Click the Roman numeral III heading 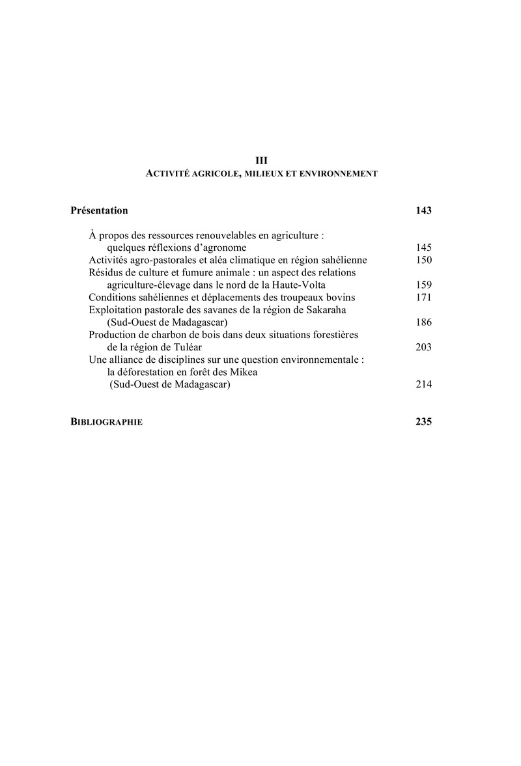tap(260, 160)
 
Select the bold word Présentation tap(99, 210)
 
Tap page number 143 tap(423, 210)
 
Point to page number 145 tap(423, 248)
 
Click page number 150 tap(423, 260)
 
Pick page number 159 tap(423, 285)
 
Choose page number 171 tap(423, 297)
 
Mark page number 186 tap(423, 322)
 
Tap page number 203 tap(423, 347)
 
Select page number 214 tap(423, 384)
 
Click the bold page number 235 tap(423, 421)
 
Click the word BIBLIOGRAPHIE tap(107, 421)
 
